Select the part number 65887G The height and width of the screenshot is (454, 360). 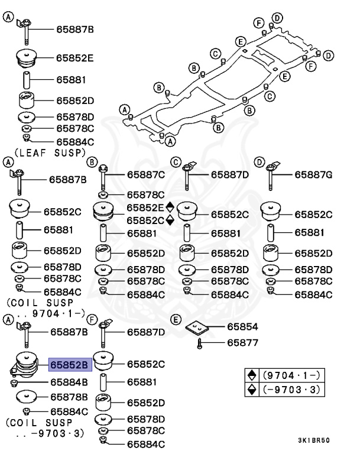click(313, 175)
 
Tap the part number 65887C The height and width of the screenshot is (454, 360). click(146, 175)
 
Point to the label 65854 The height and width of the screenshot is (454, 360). click(243, 326)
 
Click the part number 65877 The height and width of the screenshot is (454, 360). click(243, 342)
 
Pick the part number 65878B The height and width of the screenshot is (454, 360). click(69, 396)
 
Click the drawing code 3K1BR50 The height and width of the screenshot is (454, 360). click(314, 440)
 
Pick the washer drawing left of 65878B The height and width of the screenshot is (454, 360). click(27, 396)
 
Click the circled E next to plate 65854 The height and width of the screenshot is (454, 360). click(175, 320)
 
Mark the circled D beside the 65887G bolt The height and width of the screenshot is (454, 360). click(260, 162)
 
